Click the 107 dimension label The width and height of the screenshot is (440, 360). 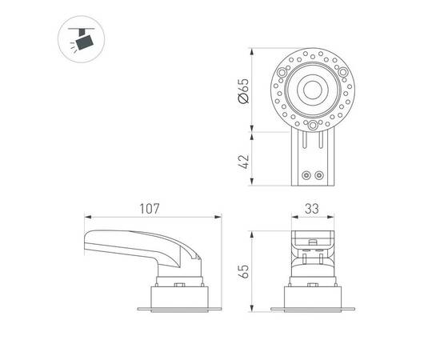pyautogui.click(x=150, y=209)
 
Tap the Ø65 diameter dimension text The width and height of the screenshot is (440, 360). pyautogui.click(x=243, y=91)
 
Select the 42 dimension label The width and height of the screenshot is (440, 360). pyautogui.click(x=243, y=162)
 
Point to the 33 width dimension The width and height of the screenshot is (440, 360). pyautogui.click(x=312, y=209)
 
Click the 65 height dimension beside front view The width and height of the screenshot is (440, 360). pyautogui.click(x=243, y=271)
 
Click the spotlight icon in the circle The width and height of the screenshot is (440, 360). pyautogui.click(x=81, y=39)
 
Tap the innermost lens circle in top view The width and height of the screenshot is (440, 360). pyautogui.click(x=313, y=90)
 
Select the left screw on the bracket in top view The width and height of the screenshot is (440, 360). pyautogui.click(x=306, y=176)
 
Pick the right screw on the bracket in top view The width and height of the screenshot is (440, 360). pyautogui.click(x=319, y=176)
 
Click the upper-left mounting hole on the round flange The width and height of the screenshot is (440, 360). pyautogui.click(x=282, y=73)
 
